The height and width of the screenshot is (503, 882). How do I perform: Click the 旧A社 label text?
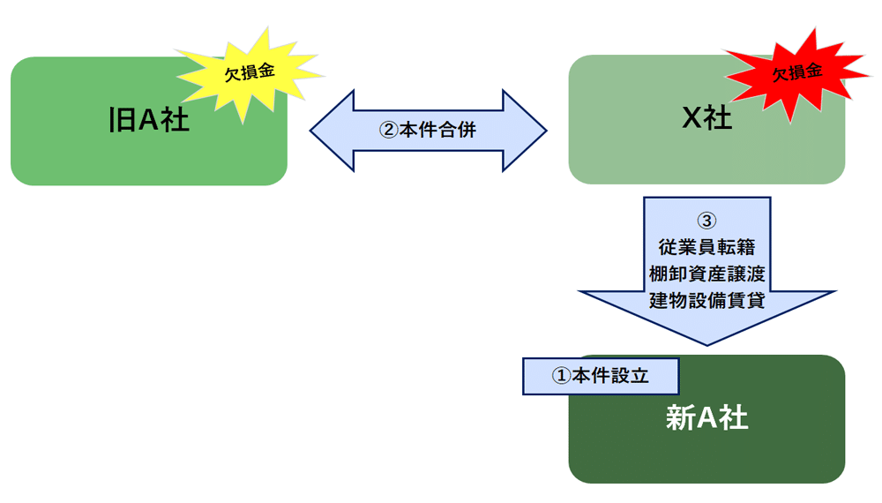point(148,120)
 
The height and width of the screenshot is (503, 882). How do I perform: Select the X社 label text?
point(706,118)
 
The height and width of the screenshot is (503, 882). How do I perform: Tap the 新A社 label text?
point(706,417)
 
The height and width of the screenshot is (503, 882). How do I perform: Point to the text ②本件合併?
point(428,130)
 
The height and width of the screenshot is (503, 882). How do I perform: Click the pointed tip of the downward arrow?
point(706,341)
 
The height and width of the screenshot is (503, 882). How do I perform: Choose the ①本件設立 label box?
point(601,375)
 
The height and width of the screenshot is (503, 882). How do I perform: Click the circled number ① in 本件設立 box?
point(561,375)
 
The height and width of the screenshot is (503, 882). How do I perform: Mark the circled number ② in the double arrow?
point(389,130)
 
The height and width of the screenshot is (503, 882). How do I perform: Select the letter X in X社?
point(691,118)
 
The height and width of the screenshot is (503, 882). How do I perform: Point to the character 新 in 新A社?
point(679,417)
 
